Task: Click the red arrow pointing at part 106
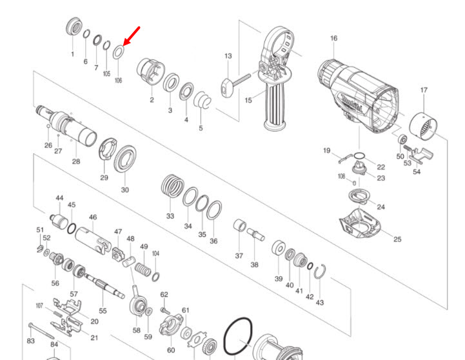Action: (132, 36)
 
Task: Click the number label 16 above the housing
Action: (333, 39)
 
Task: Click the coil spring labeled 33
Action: (171, 188)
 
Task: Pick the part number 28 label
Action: (76, 161)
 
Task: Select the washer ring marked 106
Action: (118, 52)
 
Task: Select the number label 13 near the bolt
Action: (228, 57)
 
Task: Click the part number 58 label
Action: (136, 330)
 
